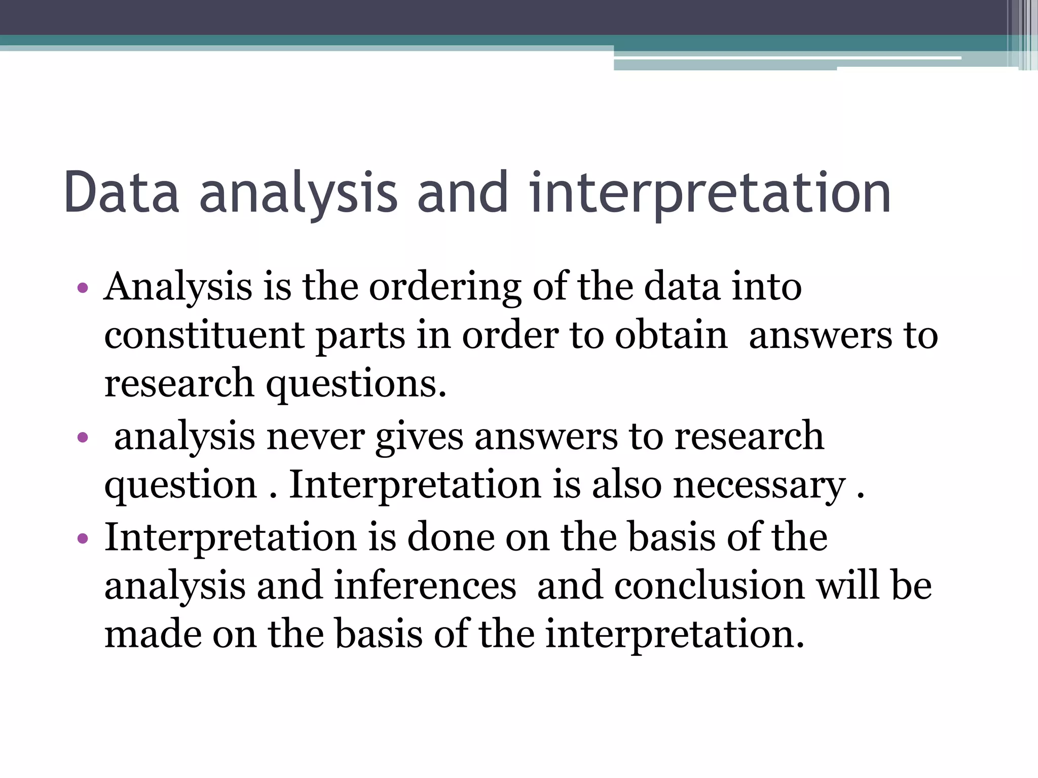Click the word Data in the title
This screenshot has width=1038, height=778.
tap(122, 192)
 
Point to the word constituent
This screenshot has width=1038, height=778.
tap(204, 335)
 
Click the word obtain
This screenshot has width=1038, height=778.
tap(671, 335)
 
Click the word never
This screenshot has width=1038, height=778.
tap(315, 436)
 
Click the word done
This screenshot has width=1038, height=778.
tap(451, 537)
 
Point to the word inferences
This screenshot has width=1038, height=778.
tap(425, 586)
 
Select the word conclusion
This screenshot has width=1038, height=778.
tap(709, 586)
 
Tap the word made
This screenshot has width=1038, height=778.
tap(153, 634)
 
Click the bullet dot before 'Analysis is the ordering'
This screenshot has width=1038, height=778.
tap(83, 289)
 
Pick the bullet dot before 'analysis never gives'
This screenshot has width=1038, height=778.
tap(83, 437)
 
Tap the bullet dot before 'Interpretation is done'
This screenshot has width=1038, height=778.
tap(83, 538)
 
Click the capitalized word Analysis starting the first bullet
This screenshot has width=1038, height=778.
tap(178, 288)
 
